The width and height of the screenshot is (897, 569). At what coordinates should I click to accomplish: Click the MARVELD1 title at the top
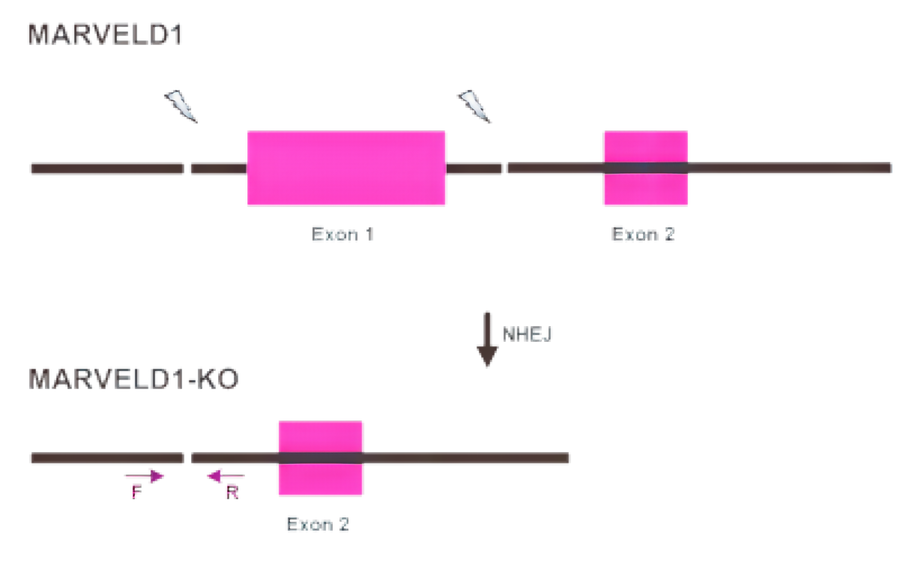(105, 34)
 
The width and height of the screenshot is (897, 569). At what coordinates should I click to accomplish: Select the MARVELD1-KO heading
(134, 378)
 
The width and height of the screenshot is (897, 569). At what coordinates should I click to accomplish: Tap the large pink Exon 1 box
(346, 168)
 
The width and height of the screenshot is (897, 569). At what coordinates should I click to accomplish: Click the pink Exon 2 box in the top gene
(646, 168)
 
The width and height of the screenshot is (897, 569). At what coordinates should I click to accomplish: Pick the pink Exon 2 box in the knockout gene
(320, 458)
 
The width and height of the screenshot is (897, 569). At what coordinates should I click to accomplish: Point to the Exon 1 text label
(343, 234)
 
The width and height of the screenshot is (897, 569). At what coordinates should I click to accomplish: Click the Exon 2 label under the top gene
(643, 234)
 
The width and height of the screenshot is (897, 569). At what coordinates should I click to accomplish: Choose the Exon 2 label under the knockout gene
(318, 524)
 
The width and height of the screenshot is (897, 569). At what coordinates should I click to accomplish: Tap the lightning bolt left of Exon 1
(181, 106)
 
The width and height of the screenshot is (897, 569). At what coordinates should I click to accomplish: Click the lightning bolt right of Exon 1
(475, 106)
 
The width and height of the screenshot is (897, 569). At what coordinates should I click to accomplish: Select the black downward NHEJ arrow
(487, 340)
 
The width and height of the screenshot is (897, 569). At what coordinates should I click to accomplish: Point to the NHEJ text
(527, 334)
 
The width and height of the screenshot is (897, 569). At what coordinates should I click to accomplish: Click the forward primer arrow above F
(144, 476)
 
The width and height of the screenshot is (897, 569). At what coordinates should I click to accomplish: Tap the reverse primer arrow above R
(226, 476)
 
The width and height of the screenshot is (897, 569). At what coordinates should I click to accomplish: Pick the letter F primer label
(137, 492)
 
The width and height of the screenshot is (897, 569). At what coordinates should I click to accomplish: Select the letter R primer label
(232, 493)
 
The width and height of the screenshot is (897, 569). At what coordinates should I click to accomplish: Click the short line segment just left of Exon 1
(219, 168)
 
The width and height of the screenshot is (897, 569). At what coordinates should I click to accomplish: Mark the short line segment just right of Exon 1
(473, 168)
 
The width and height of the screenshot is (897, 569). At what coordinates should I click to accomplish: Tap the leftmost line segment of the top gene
(107, 168)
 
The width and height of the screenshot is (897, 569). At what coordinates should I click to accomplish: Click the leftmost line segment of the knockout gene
(107, 458)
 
